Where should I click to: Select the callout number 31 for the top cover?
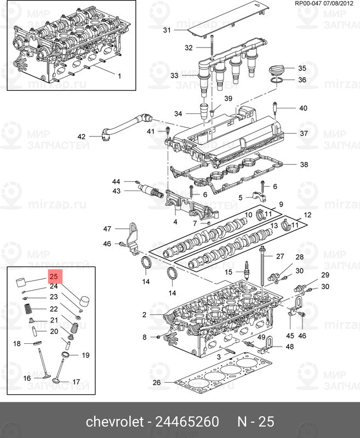tap(167, 30)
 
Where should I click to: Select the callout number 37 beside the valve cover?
tap(304, 134)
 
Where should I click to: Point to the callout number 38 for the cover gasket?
tap(304, 164)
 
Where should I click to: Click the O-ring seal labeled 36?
tap(277, 80)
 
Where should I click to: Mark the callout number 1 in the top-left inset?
tap(119, 76)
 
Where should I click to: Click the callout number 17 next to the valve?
tap(76, 382)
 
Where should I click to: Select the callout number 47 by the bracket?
tap(107, 228)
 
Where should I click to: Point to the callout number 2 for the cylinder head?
tap(144, 315)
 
